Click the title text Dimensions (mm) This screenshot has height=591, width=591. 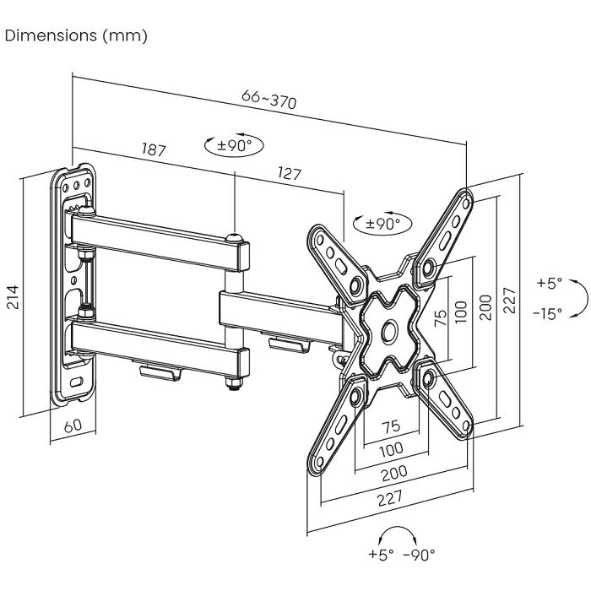pos(76,35)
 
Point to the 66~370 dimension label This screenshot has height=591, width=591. pos(269,100)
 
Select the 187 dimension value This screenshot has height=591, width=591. pos(153,150)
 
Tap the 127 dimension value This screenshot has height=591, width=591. pos(289,175)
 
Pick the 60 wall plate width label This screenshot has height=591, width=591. pos(73,426)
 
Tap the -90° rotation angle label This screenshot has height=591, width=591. pos(420,555)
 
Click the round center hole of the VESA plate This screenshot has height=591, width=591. pos(390,331)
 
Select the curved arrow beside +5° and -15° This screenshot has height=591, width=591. pos(576,298)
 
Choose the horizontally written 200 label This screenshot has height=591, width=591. pos(393,471)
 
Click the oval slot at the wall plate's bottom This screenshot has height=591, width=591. pos(77,382)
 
